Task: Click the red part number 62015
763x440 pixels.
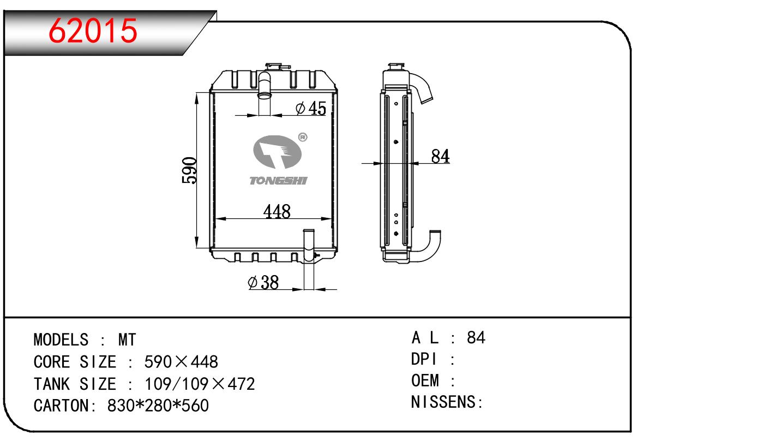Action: coord(93,31)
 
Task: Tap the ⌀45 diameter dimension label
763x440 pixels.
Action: coord(310,109)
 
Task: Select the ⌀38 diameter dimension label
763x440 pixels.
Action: coord(263,282)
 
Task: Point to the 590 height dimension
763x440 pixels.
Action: coord(189,171)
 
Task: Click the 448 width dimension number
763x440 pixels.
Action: coord(277,211)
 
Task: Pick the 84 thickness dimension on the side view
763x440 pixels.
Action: coord(440,156)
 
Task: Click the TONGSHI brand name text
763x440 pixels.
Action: coord(278,181)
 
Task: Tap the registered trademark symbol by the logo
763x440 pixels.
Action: coord(303,138)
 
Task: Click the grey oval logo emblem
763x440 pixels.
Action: coord(278,153)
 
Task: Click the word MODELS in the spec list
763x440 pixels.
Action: coord(60,340)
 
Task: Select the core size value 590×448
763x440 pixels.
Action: coord(181,362)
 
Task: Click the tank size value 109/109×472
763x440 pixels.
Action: coord(200,384)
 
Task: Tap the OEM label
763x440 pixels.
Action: coord(425,380)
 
